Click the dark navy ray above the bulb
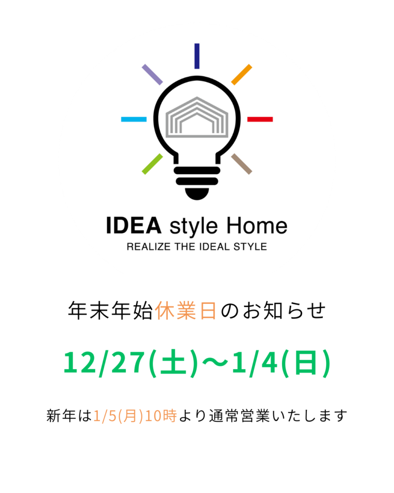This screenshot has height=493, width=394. pos(197,56)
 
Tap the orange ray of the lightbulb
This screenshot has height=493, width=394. pos(241,75)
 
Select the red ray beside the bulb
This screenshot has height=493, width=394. pos(260,119)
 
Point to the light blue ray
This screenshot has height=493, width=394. pos(134,119)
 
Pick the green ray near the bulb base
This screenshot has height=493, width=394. pos(153,164)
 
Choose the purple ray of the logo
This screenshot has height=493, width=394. pos(153,75)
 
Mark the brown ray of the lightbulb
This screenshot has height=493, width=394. pos(241,164)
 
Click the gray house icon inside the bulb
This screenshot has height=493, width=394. pos(197,117)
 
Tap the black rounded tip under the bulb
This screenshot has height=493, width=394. pos(197,194)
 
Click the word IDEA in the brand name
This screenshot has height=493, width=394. pos(134,225)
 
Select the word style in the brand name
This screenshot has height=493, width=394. pos(193,227)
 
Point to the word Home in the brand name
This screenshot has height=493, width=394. pos(257,225)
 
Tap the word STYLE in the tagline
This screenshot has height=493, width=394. pos(250,247)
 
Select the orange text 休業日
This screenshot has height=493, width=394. pos(186,311)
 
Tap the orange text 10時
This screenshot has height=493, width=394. pos(161,415)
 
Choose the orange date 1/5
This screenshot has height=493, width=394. pos(105,415)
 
